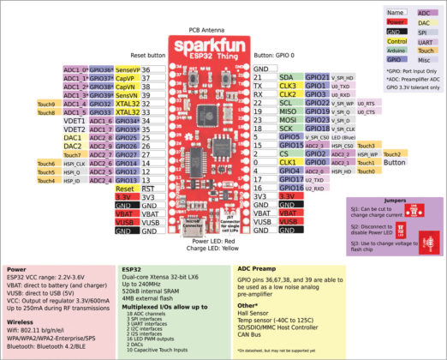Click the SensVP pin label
(x=127, y=69)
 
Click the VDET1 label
(x=73, y=121)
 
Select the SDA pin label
(x=285, y=77)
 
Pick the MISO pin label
(x=287, y=111)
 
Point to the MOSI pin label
(x=287, y=120)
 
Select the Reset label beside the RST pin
(x=124, y=188)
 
